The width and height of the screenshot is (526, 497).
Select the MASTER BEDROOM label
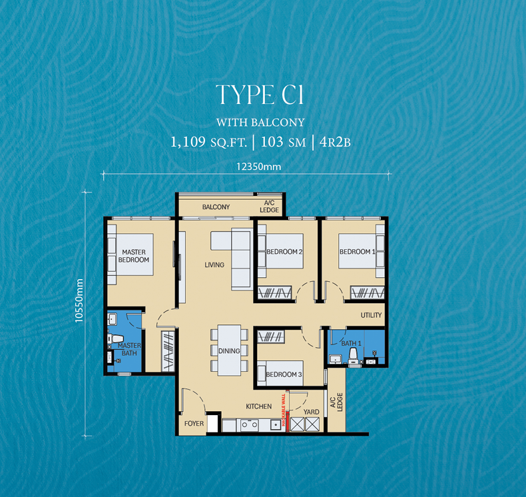point(134,256)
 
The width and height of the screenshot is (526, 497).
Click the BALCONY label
point(216,207)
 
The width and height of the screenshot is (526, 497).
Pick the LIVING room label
point(214,265)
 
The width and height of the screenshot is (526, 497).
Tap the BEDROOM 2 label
point(284,252)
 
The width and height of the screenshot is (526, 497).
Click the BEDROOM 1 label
point(358,252)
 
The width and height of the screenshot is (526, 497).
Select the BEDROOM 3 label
point(284,374)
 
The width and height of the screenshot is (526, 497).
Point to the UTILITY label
point(372,315)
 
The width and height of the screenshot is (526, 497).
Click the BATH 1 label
point(350,343)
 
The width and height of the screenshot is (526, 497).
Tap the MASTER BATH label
point(129,349)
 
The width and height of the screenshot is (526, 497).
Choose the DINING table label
point(229,350)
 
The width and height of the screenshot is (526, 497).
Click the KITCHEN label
point(258,406)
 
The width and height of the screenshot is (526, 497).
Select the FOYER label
point(194,424)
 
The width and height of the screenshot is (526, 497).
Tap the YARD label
point(311,412)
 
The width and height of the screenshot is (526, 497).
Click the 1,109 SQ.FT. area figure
point(208,141)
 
